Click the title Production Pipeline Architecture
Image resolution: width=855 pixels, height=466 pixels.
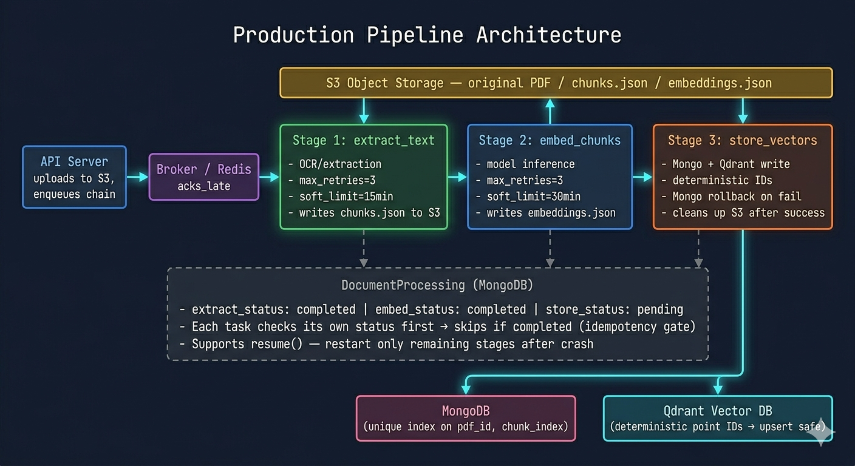[x=427, y=35]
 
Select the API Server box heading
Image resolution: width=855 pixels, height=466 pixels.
[x=75, y=161]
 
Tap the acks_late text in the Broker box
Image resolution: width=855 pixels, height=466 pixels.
[x=204, y=186]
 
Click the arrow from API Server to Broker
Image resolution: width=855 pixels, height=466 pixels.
[x=137, y=177]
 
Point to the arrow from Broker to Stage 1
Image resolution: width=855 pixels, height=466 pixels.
[x=269, y=177]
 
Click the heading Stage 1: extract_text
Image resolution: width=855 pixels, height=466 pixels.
[x=363, y=140]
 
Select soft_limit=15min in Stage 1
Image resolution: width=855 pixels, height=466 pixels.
[x=346, y=197]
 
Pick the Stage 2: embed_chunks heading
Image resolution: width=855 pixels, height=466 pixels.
[x=550, y=140]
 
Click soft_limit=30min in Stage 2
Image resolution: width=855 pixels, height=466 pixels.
[x=534, y=197]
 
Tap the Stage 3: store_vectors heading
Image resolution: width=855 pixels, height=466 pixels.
[x=743, y=140]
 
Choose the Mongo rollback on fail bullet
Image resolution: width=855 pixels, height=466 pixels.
[x=737, y=197]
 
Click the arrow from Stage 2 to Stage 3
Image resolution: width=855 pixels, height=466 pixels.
[x=642, y=177]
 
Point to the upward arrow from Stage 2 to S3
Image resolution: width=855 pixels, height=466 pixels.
[x=550, y=112]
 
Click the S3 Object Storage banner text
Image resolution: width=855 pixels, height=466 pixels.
[x=548, y=83]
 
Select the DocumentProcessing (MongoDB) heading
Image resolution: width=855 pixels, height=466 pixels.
[x=437, y=285]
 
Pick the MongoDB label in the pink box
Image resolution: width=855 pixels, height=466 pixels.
[x=466, y=411]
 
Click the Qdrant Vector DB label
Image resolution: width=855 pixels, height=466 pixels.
[x=718, y=411]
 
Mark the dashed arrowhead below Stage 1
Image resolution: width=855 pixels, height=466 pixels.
[x=364, y=263]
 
